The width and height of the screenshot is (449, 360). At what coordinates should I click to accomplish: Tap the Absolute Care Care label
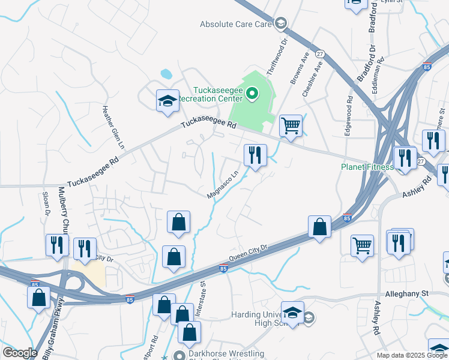[237, 25]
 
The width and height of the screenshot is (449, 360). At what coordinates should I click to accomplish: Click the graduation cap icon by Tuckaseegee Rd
[167, 101]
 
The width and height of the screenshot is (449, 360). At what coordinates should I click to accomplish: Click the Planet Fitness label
[367, 167]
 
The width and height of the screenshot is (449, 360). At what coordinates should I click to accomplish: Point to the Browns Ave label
[298, 70]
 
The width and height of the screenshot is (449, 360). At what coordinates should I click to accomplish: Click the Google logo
[20, 353]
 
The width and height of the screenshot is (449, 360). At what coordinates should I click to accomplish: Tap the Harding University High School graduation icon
[292, 314]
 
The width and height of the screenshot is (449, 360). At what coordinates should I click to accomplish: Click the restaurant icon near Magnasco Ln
[255, 155]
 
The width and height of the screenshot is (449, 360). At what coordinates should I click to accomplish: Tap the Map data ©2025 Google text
[412, 355]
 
